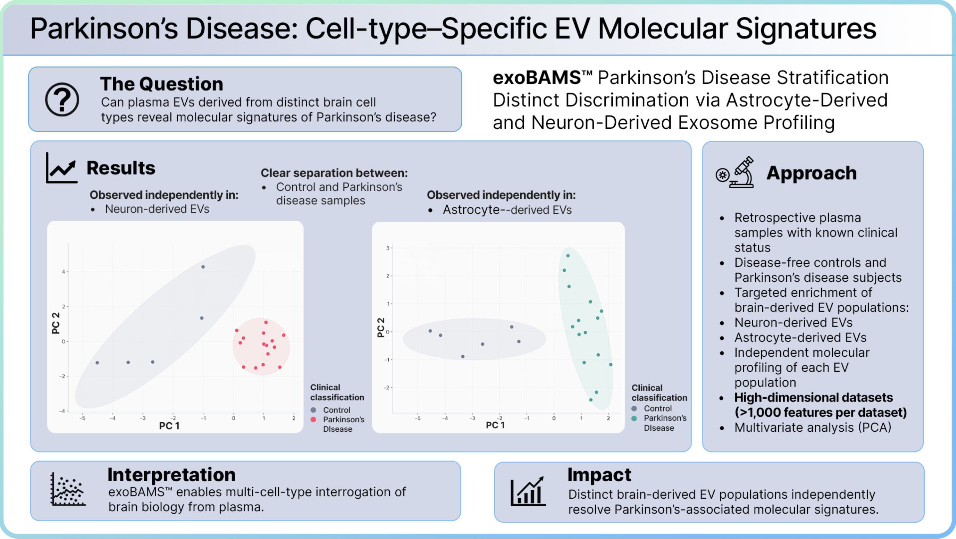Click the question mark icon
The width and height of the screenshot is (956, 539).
tap(62, 99)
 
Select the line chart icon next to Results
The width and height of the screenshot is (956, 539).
tap(61, 168)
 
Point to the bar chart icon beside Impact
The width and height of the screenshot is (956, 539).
tap(528, 491)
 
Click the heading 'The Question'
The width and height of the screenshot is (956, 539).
tap(161, 84)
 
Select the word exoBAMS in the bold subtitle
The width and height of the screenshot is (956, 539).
tap(537, 78)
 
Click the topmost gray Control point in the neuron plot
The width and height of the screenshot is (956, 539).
tap(203, 267)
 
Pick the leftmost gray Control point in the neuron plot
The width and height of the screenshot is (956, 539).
tap(97, 362)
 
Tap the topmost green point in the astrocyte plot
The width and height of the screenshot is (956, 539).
tap(568, 256)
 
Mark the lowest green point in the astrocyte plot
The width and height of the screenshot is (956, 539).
tap(591, 400)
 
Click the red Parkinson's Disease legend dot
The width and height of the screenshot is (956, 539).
tap(313, 419)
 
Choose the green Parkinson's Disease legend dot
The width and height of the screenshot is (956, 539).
tap(634, 418)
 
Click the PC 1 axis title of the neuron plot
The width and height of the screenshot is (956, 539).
tap(169, 426)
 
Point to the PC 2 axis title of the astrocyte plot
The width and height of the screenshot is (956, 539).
tap(381, 327)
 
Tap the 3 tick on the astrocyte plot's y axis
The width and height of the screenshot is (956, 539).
tap(388, 248)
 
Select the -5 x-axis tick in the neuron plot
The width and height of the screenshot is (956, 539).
tap(82, 418)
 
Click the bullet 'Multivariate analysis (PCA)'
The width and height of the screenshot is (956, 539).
tap(813, 427)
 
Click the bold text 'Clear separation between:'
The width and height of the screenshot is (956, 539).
tap(334, 173)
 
